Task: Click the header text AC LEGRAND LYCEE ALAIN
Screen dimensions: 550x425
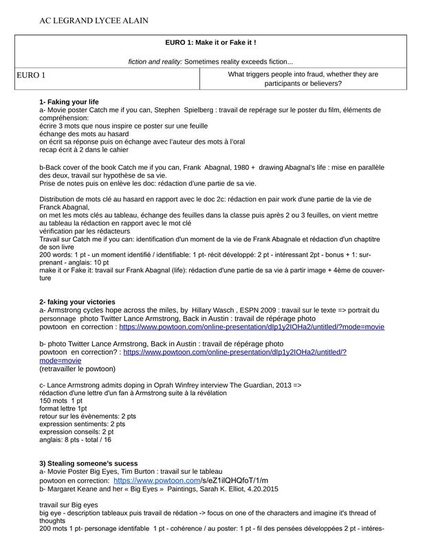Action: (94, 21)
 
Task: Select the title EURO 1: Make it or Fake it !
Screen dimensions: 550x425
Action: (211, 43)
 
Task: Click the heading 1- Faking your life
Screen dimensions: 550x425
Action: (69, 102)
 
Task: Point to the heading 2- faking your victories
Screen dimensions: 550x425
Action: (77, 302)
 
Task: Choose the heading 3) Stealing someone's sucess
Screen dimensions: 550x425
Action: (88, 463)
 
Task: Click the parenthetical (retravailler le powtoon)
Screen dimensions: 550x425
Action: (77, 368)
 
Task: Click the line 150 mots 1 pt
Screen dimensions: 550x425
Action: (61, 400)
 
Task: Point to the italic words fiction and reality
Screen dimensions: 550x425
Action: (154, 61)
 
